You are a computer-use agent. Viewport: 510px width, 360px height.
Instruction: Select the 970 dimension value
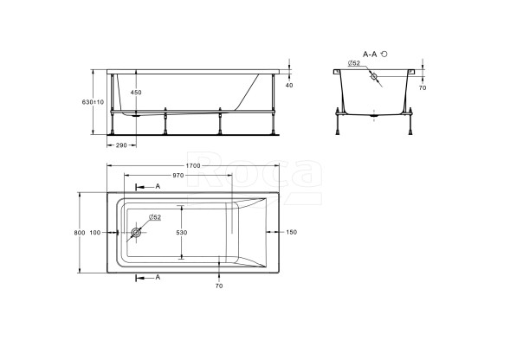pyautogui.click(x=178, y=176)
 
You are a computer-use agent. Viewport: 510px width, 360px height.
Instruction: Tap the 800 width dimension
pyautogui.click(x=80, y=233)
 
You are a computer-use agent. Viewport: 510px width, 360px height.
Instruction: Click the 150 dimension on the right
pyautogui.click(x=291, y=233)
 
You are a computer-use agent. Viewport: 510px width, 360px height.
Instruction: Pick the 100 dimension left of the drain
pyautogui.click(x=94, y=233)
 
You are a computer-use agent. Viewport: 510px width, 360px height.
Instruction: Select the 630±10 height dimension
pyautogui.click(x=94, y=101)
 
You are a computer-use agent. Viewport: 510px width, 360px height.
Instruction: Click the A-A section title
pyautogui.click(x=370, y=54)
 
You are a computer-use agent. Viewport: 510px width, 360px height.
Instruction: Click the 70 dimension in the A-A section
pyautogui.click(x=423, y=88)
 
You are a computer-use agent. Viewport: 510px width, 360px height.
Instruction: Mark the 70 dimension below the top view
pyautogui.click(x=219, y=286)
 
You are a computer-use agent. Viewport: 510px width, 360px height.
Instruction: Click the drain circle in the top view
pyautogui.click(x=136, y=233)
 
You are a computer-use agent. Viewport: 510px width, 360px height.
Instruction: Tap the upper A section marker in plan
pyautogui.click(x=157, y=187)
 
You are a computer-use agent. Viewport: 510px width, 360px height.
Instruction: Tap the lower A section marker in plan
pyautogui.click(x=157, y=277)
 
